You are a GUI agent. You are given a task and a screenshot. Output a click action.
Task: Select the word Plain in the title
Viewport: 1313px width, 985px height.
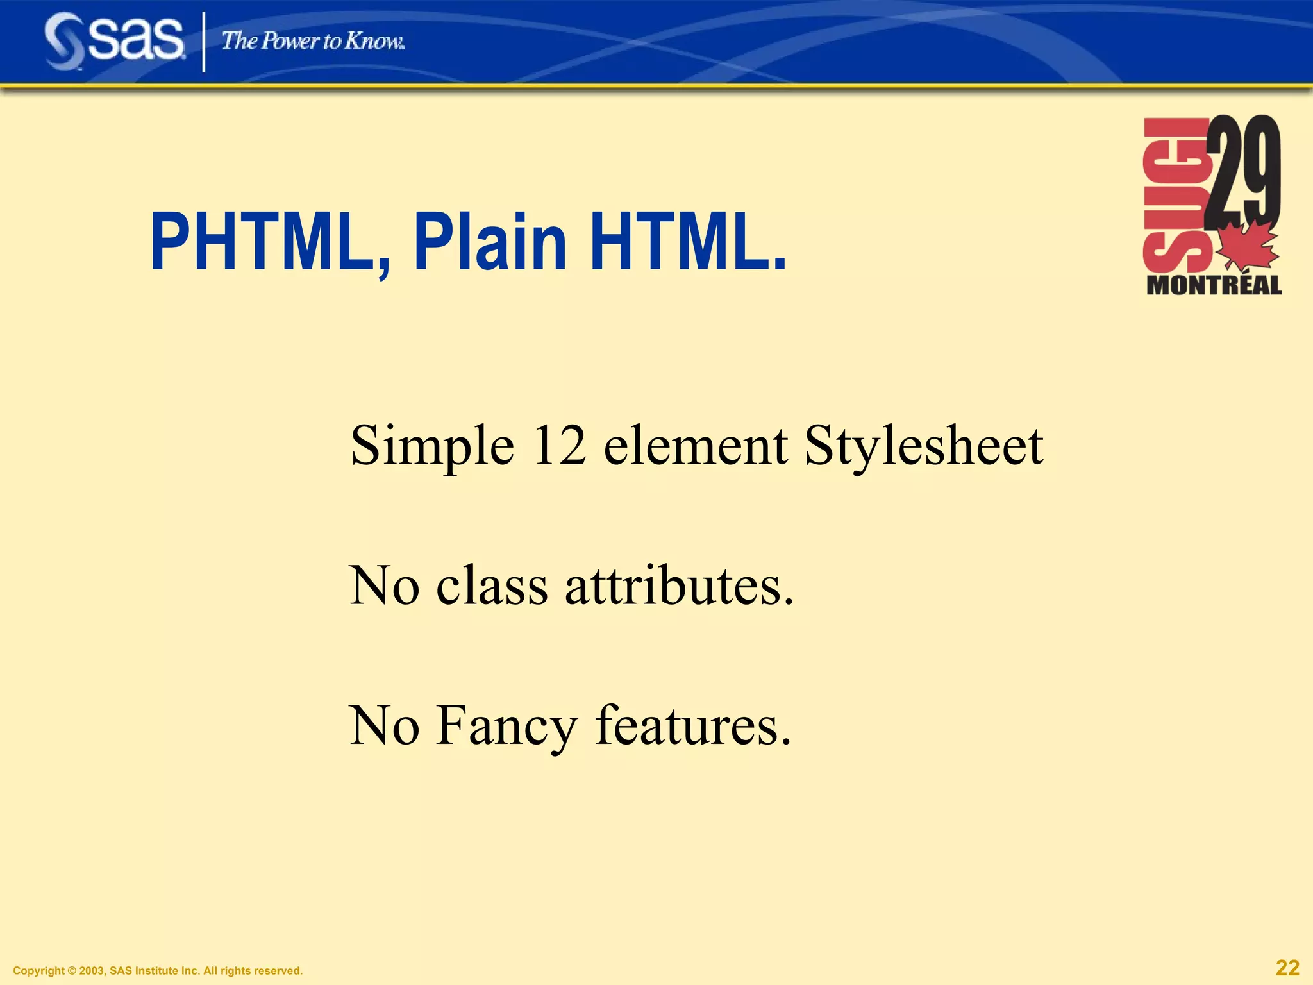[490, 243]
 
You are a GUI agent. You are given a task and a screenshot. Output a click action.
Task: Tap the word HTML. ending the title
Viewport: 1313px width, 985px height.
[688, 243]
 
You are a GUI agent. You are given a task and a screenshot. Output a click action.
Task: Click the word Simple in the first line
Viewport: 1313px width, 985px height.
[432, 447]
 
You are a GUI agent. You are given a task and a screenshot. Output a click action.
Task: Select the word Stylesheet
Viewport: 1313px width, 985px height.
[924, 447]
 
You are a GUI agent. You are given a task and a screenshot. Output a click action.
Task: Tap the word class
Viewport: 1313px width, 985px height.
[492, 585]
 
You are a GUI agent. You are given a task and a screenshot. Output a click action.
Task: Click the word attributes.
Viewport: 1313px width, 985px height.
[679, 585]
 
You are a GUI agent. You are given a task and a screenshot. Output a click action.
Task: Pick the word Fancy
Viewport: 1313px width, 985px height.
[506, 727]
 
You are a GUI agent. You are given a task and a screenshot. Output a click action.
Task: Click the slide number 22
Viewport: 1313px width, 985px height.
[1287, 968]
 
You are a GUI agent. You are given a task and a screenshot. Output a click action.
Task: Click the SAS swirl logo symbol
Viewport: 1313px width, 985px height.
[64, 42]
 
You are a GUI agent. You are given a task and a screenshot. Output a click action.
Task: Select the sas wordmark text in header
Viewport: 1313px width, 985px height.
[136, 40]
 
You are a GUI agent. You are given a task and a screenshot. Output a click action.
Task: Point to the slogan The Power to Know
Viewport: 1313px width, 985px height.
[313, 42]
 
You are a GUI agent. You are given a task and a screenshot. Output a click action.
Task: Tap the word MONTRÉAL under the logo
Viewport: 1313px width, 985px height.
[1214, 286]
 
